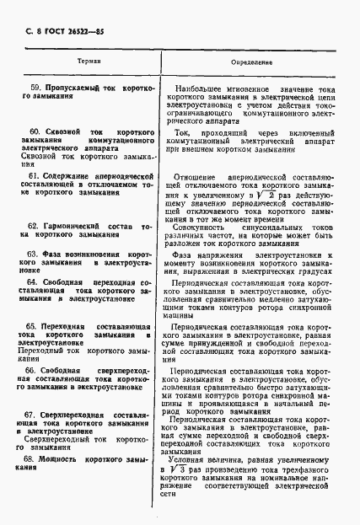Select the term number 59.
pyautogui.click(x=35, y=88)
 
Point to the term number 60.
pyautogui.click(x=35, y=133)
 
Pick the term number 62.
pyautogui.click(x=35, y=226)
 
